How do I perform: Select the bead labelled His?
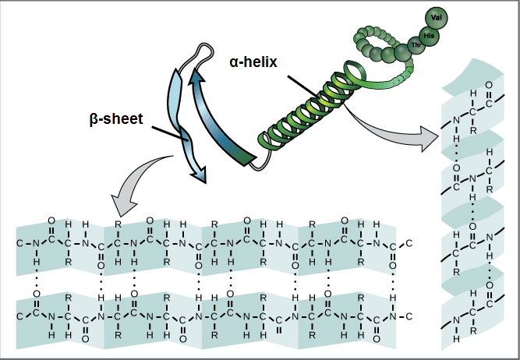click(428, 35)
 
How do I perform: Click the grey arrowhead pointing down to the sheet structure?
click(121, 205)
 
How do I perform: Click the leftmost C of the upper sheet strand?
click(20, 244)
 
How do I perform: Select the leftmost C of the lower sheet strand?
click(20, 316)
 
